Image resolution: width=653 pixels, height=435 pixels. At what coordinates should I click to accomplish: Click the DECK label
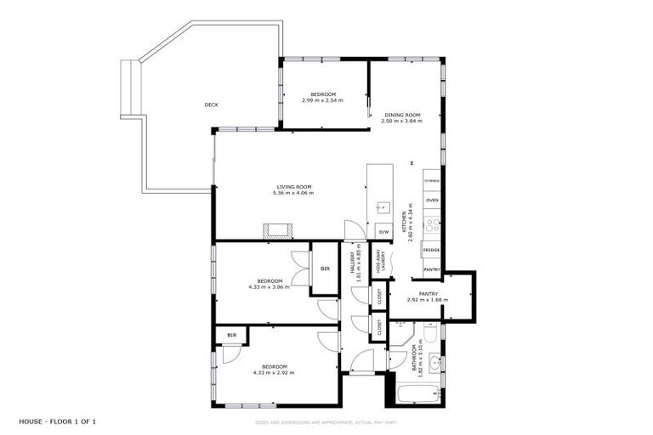pos(212,105)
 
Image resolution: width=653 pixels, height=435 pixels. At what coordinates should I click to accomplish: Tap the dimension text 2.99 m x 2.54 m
pos(323,100)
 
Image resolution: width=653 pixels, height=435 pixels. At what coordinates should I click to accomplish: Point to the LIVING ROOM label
pos(293,187)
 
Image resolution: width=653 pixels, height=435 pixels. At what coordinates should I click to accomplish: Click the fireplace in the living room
pos(277,230)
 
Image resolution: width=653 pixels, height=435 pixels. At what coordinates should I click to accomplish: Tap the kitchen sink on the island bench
pos(383,206)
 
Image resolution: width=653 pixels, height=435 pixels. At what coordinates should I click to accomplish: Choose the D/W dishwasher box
pos(383,232)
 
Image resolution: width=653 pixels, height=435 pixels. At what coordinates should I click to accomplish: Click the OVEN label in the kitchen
pos(432,200)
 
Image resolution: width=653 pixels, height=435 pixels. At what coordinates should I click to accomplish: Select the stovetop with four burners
pos(432,226)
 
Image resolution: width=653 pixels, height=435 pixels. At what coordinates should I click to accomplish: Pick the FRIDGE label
pos(432,251)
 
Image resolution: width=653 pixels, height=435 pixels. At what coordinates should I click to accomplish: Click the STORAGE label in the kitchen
pos(432,181)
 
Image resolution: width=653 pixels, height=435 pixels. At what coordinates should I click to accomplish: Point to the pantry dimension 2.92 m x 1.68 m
pos(428,300)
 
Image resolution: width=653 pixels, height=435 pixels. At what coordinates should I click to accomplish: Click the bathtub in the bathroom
pos(419,394)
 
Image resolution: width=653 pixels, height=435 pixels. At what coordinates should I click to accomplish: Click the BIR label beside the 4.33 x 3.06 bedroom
pos(325,269)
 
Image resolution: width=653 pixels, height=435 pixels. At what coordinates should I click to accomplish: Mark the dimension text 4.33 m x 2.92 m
pos(273,372)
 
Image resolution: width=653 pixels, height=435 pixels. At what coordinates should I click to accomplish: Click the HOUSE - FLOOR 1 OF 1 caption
pos(59,421)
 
